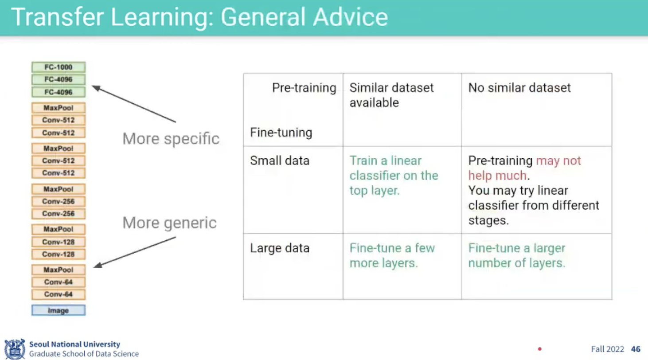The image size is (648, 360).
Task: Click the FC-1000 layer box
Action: click(59, 67)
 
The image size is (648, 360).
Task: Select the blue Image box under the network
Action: click(59, 310)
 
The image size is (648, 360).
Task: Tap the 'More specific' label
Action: click(171, 139)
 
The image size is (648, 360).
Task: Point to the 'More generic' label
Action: click(169, 223)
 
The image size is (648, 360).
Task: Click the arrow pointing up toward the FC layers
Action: click(134, 104)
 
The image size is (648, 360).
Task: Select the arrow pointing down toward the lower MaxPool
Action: click(134, 252)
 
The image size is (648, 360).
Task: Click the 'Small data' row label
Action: click(280, 160)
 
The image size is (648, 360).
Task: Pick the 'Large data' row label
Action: click(280, 248)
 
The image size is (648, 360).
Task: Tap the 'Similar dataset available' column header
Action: click(391, 95)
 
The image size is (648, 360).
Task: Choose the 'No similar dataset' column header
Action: click(519, 88)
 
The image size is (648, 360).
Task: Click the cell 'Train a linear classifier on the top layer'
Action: click(394, 176)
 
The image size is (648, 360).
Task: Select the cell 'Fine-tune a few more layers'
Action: click(392, 255)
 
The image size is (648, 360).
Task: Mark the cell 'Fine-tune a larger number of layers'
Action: click(517, 255)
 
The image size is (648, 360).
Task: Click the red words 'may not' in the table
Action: click(558, 160)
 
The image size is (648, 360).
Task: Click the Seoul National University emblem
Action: click(15, 349)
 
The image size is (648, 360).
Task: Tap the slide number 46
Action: click(636, 349)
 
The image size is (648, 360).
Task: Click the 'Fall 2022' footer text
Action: click(608, 349)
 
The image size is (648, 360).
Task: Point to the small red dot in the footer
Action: click(539, 349)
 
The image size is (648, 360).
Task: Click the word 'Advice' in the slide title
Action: click(350, 17)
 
